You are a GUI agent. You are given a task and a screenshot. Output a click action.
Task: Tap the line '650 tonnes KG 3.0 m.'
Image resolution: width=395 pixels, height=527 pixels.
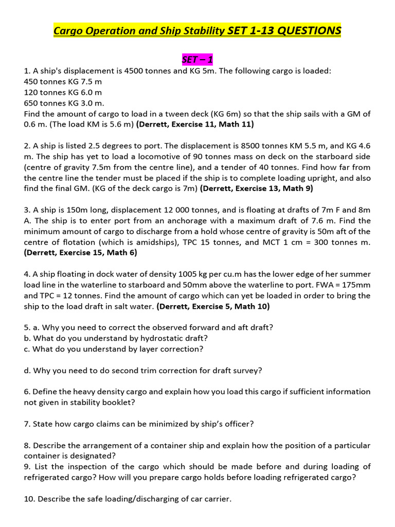pyautogui.click(x=64, y=103)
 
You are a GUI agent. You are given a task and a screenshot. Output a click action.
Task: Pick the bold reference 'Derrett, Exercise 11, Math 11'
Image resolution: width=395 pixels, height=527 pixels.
pyautogui.click(x=195, y=124)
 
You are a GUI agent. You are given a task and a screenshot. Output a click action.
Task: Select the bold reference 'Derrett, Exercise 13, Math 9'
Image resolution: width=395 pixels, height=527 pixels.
pyautogui.click(x=257, y=188)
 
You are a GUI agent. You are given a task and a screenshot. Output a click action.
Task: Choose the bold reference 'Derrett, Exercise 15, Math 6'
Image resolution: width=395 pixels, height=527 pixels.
pyautogui.click(x=81, y=252)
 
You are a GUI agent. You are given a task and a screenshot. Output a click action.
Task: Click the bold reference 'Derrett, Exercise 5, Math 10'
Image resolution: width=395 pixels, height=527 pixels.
pyautogui.click(x=213, y=306)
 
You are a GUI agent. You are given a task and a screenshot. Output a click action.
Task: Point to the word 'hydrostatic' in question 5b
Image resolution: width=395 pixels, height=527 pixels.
pyautogui.click(x=160, y=338)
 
